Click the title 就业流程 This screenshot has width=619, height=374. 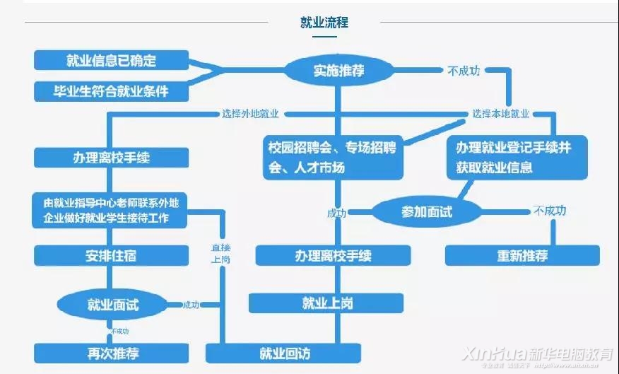(x=324, y=23)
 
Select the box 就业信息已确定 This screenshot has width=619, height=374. (x=111, y=60)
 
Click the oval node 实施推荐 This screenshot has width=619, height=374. (x=338, y=70)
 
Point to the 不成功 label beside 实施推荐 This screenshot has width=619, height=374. (x=464, y=70)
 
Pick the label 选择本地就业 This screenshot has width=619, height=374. (x=502, y=113)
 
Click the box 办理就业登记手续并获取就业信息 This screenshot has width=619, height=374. (x=517, y=158)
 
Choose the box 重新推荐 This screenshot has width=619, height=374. (x=521, y=255)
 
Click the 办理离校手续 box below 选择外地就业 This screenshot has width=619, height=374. (x=111, y=158)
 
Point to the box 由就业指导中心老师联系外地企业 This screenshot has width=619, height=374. (x=111, y=210)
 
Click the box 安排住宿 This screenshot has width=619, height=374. (x=111, y=255)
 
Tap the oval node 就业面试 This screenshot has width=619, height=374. (x=113, y=305)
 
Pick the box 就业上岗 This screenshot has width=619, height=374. (x=326, y=303)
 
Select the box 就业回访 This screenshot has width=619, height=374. (x=283, y=352)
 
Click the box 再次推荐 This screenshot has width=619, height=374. (x=111, y=352)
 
